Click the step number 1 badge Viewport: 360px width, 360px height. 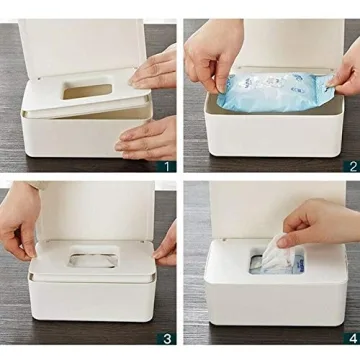(168, 166)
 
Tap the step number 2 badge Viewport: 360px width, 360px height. (351, 166)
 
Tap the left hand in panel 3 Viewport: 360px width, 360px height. (18, 235)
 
